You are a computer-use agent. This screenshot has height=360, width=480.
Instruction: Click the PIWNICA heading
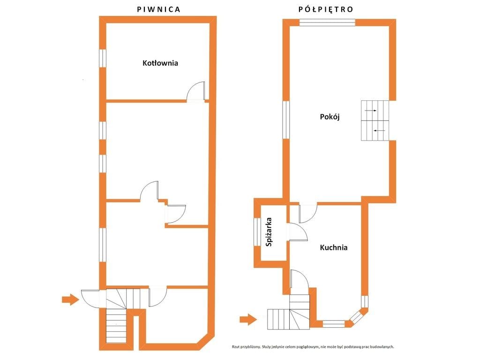[x=158, y=9]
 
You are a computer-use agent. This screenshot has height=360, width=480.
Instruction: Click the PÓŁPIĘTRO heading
[x=326, y=9]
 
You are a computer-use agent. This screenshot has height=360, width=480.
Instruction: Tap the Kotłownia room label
[x=160, y=63]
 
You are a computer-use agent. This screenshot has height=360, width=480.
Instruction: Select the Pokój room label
[x=330, y=117]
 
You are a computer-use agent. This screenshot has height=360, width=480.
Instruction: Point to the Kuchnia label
[x=334, y=247]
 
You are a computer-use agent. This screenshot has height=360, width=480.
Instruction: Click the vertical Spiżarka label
[x=269, y=232]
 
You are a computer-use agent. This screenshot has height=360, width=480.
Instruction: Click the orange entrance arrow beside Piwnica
[x=70, y=299]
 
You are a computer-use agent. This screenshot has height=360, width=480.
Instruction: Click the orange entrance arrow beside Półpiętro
[x=248, y=320]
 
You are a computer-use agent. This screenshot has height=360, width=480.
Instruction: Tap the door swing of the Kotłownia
[x=196, y=90]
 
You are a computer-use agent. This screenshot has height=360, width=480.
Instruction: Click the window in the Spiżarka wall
[x=257, y=232]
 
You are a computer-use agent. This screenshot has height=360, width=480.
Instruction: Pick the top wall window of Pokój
[x=327, y=22]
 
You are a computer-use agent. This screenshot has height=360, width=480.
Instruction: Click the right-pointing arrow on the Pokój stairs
[x=371, y=111]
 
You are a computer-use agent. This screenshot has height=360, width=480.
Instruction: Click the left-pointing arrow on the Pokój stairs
[x=379, y=131]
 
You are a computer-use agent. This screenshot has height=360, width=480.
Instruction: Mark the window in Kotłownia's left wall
[x=103, y=58]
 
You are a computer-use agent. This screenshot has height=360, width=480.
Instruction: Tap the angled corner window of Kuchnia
[x=357, y=315]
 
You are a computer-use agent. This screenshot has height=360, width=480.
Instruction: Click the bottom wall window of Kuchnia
[x=334, y=324]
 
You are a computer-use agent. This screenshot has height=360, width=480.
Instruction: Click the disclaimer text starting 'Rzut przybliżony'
[x=313, y=347]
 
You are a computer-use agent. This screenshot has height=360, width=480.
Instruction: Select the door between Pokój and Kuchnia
[x=308, y=213]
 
